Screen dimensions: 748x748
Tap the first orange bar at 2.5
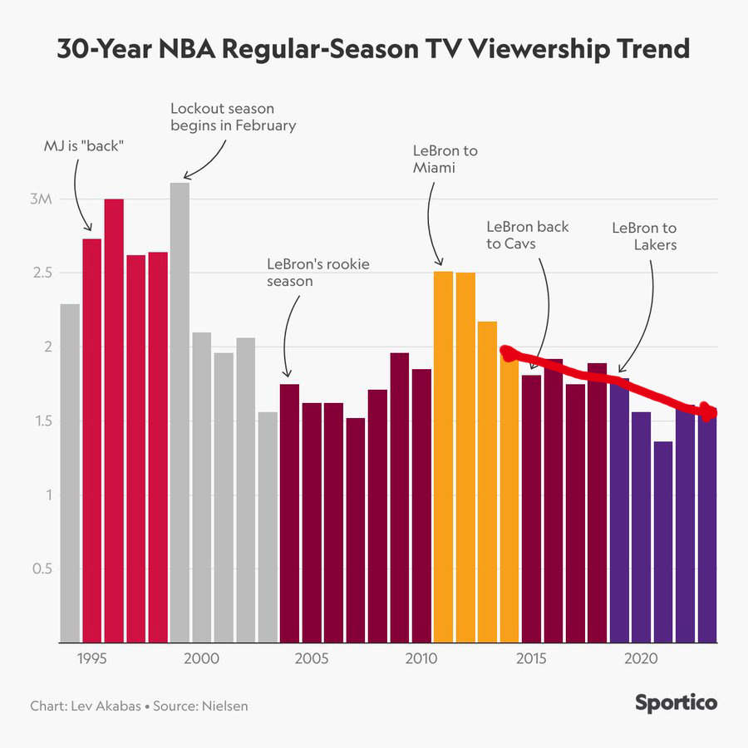443,457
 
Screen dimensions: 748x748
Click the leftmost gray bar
70,474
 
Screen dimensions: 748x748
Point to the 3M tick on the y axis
42,199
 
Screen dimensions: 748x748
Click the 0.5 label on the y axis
41,569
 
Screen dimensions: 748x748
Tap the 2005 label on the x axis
312,659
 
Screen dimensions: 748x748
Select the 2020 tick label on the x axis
641,659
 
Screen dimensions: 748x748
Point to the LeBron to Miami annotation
445,160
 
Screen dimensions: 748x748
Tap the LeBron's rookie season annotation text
317,273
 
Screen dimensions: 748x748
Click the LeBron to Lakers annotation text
644,236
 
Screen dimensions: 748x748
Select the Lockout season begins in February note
233,116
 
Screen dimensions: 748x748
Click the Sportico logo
676,703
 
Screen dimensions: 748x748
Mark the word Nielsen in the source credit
221,706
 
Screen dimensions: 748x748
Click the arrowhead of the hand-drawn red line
708,411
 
